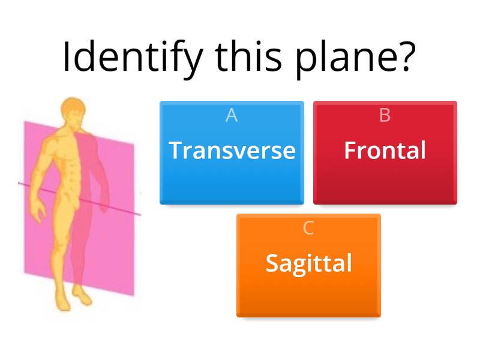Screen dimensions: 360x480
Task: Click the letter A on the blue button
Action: pyautogui.click(x=232, y=115)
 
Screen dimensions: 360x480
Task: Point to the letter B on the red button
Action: pyautogui.click(x=385, y=115)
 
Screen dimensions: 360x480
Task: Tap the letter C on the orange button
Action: pyautogui.click(x=308, y=228)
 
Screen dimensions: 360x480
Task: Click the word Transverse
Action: pyautogui.click(x=232, y=150)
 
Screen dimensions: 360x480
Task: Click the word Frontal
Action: pyautogui.click(x=385, y=150)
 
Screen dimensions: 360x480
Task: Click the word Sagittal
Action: pyautogui.click(x=308, y=263)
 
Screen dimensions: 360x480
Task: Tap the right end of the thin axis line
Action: pyautogui.click(x=140, y=214)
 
